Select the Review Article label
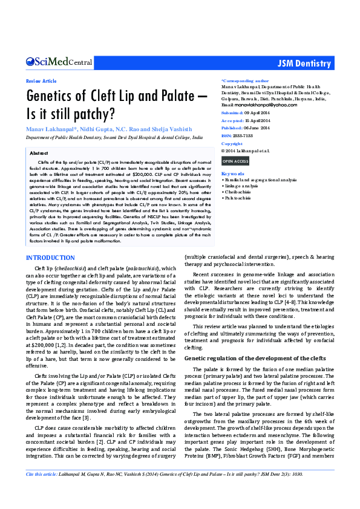[x=41, y=81]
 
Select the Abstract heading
[x=39, y=154]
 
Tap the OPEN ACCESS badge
[x=235, y=161]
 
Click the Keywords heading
[x=233, y=173]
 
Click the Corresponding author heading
[x=245, y=80]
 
